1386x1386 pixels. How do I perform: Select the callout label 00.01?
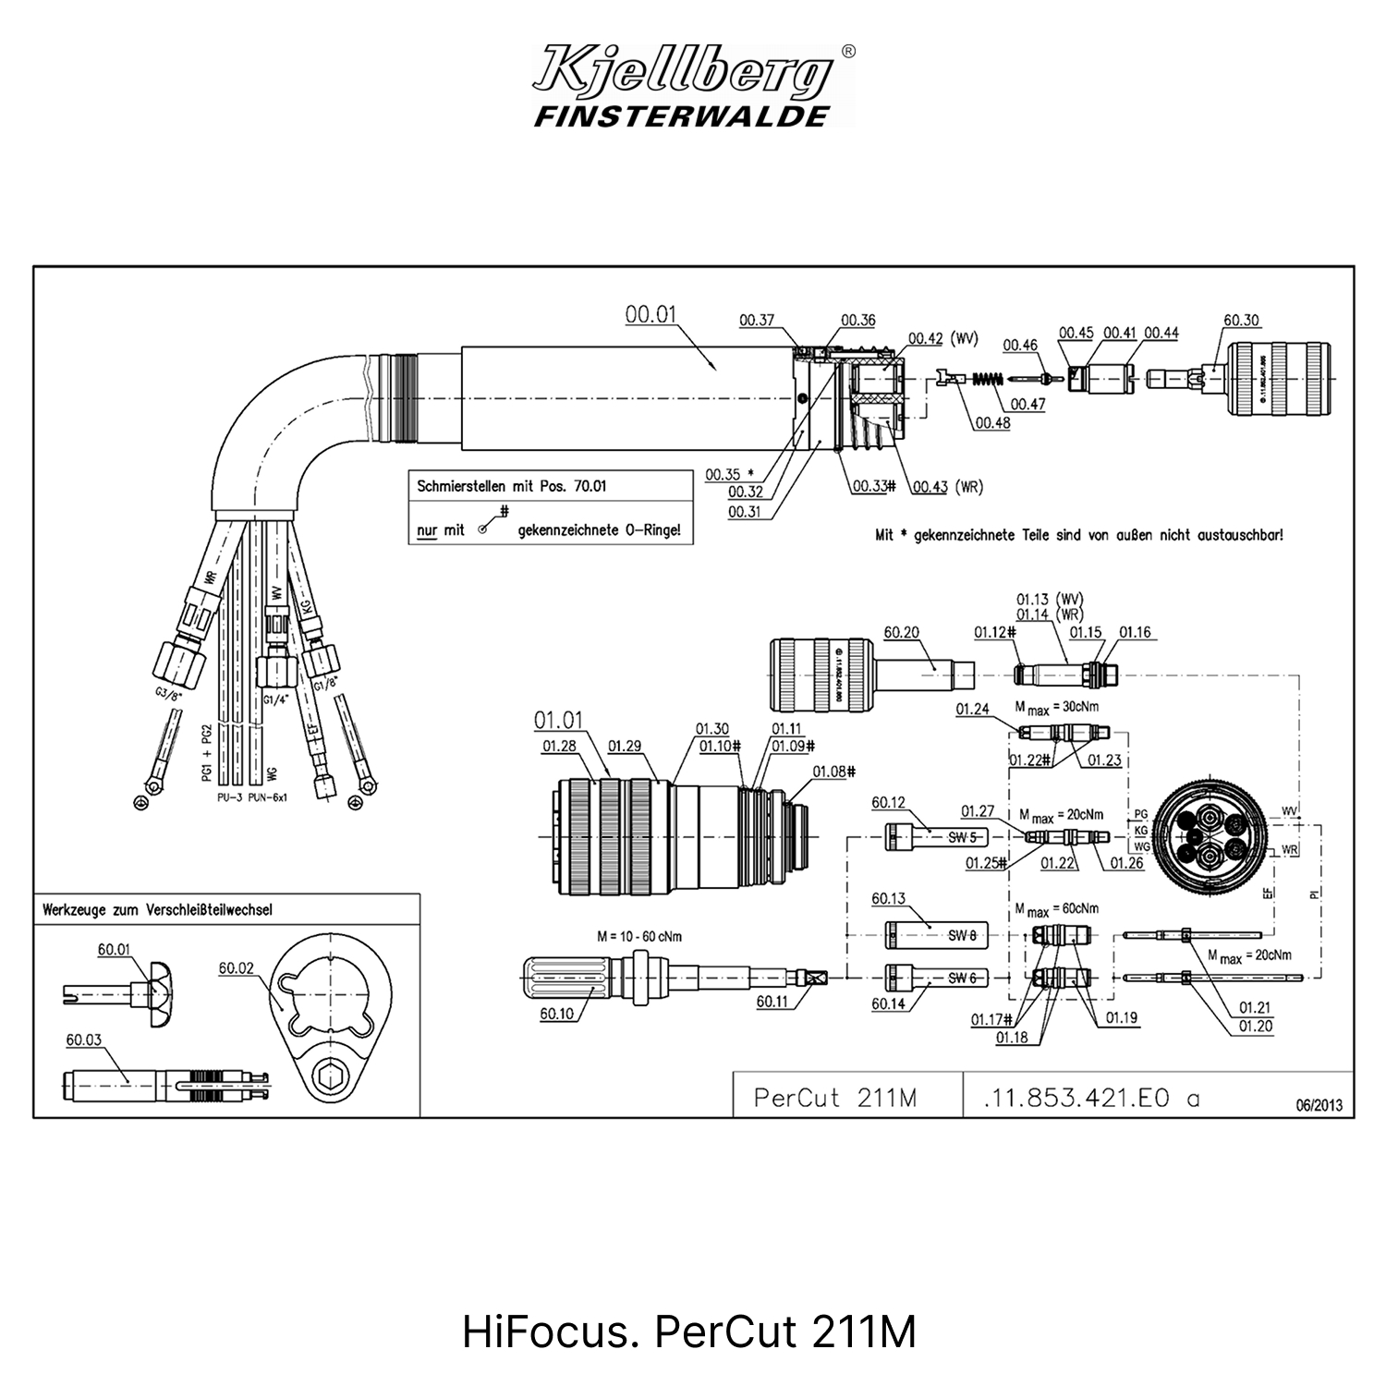click(650, 315)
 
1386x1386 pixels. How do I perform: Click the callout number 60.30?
click(1241, 321)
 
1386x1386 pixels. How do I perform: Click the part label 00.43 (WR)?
click(948, 487)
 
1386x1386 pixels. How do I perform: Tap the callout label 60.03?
click(83, 1040)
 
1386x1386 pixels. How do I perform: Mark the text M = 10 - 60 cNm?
click(639, 936)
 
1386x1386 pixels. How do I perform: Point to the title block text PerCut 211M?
click(834, 1098)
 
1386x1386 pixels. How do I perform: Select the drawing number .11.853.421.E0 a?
click(1091, 1098)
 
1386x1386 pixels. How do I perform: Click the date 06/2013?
click(1319, 1105)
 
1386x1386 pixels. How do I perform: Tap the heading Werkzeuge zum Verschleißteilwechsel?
click(157, 909)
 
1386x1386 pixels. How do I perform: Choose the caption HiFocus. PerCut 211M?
click(689, 1332)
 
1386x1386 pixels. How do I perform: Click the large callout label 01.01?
click(558, 719)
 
